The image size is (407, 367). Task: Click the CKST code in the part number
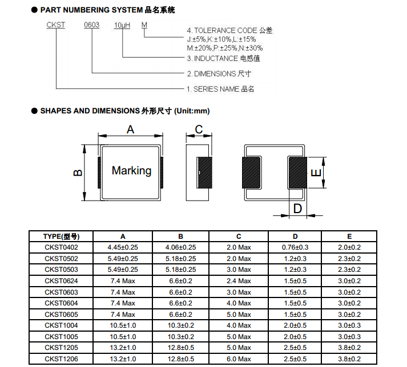click(x=55, y=26)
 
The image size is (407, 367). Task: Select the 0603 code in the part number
click(x=92, y=26)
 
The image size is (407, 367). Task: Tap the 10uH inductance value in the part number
click(x=122, y=26)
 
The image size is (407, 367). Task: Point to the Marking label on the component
click(x=131, y=170)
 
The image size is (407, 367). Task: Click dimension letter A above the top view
click(x=130, y=130)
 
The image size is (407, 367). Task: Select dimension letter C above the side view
click(x=199, y=130)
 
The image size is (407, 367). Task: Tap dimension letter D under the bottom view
click(x=297, y=209)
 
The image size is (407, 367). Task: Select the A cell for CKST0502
click(x=123, y=259)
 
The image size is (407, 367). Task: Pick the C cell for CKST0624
click(x=239, y=281)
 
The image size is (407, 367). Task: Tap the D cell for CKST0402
click(x=295, y=247)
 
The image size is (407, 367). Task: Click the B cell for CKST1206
click(x=180, y=359)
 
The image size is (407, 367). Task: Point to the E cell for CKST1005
click(x=349, y=337)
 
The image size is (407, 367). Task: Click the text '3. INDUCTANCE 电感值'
click(x=220, y=58)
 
